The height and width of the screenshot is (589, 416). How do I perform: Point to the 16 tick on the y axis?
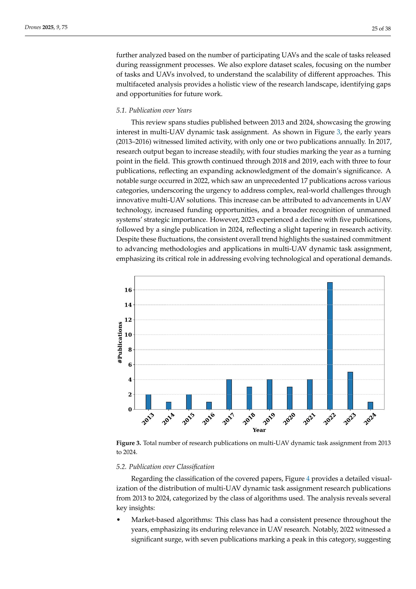(x=128, y=290)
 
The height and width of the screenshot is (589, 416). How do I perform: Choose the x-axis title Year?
(x=259, y=430)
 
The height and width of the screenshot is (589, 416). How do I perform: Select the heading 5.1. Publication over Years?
(x=154, y=110)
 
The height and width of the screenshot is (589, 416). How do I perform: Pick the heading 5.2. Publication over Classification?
(x=165, y=467)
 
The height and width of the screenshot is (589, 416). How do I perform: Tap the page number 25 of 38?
(x=381, y=29)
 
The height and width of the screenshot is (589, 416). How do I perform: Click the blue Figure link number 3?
(x=338, y=132)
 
